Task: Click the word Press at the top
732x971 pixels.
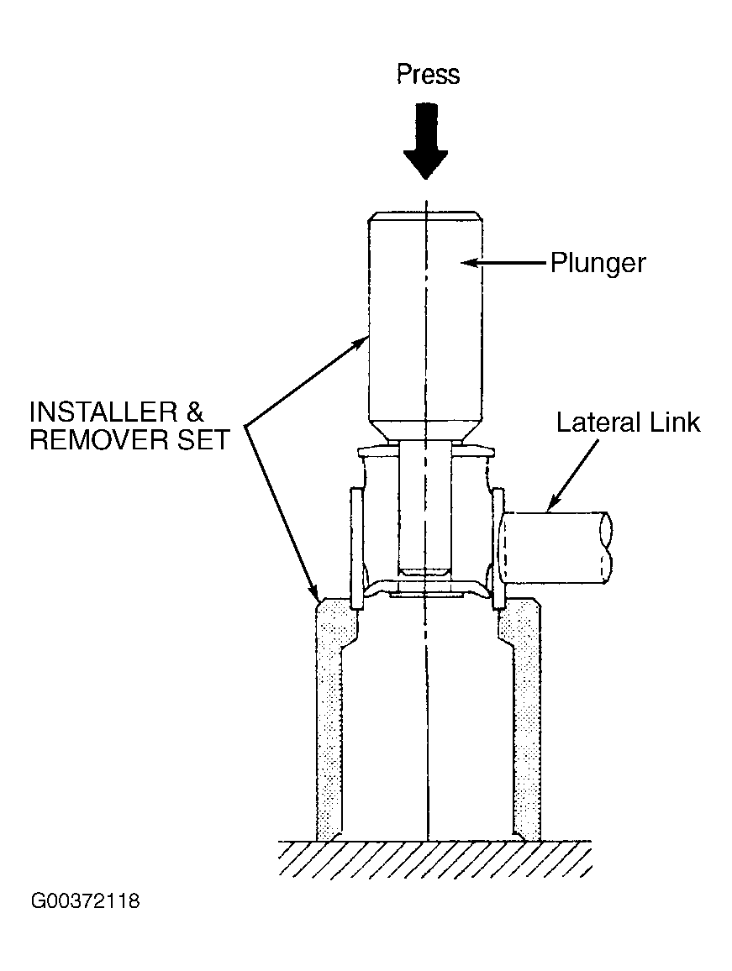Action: point(428,74)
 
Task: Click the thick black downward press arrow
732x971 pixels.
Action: point(425,141)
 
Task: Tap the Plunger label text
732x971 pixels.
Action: point(598,264)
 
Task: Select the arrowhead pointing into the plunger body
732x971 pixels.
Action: point(469,263)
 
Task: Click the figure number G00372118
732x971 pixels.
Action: point(86,900)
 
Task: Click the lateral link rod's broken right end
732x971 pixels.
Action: point(606,548)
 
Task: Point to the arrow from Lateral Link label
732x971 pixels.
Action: point(574,474)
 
